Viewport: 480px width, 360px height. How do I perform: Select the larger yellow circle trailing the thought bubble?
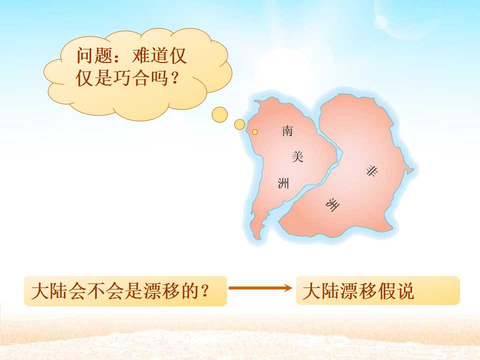(219, 115)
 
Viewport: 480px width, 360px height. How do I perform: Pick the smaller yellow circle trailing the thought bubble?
(240, 124)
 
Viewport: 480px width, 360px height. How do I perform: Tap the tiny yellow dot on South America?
(254, 132)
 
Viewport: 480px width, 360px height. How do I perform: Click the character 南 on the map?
(287, 131)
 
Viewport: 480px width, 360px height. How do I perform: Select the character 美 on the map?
(297, 157)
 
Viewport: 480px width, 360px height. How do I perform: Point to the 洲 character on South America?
(283, 183)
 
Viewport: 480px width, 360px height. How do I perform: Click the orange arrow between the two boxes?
(260, 288)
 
